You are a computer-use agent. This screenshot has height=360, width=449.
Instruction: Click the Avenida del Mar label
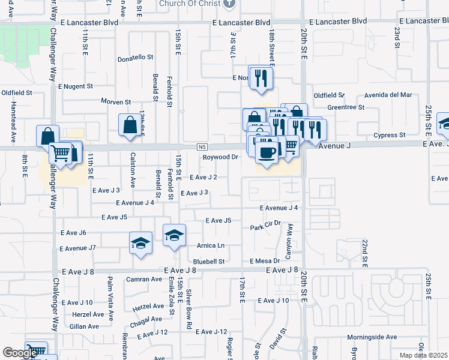(x=389, y=95)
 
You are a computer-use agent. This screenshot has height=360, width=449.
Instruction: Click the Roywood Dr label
(x=220, y=157)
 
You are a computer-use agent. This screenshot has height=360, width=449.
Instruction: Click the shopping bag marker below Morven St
(x=130, y=125)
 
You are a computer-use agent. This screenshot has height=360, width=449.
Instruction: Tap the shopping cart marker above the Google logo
(x=37, y=349)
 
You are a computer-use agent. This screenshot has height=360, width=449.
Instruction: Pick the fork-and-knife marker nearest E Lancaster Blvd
(x=261, y=78)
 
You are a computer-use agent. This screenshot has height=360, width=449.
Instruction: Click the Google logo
(x=20, y=353)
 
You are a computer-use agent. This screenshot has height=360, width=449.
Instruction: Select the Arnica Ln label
(x=210, y=245)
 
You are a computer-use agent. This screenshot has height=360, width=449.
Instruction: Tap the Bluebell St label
(x=208, y=262)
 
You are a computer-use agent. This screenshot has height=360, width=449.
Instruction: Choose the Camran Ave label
(x=144, y=279)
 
